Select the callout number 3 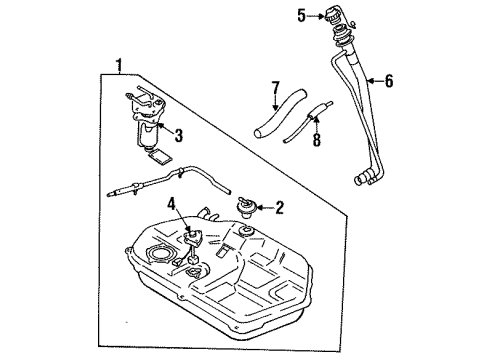pyautogui.click(x=179, y=136)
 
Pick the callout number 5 pyautogui.click(x=299, y=14)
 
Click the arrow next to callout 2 pyautogui.click(x=264, y=208)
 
